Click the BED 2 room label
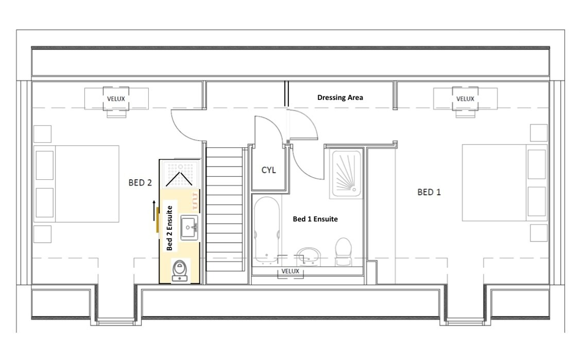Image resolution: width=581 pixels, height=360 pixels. [140, 182]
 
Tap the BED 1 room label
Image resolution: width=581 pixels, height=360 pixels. [429, 192]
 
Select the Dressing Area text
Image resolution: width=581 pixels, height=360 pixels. [340, 97]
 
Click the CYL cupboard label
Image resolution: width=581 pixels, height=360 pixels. [269, 170]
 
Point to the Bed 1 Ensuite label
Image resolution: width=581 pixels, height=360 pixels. [315, 219]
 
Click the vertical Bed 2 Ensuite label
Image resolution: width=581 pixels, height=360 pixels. [169, 227]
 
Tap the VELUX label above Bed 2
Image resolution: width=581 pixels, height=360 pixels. [116, 98]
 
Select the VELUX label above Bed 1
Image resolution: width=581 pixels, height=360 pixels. [465, 98]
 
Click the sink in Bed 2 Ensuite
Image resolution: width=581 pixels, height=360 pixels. [189, 227]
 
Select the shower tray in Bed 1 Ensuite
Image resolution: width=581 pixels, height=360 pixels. [347, 175]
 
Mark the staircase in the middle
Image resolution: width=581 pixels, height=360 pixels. [224, 209]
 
